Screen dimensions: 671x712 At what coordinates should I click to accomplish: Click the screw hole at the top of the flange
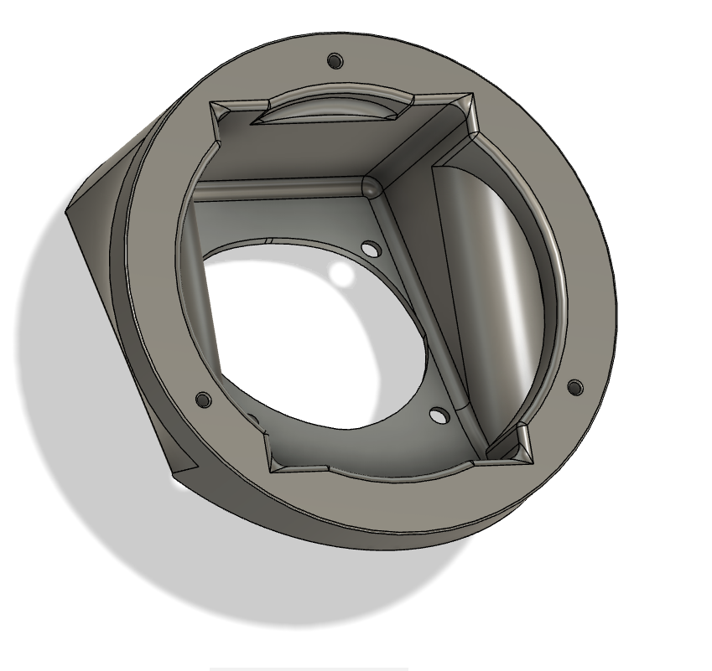tap(335, 61)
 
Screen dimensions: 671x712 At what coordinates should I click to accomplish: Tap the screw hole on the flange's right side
tap(575, 387)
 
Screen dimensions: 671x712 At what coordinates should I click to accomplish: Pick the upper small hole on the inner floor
tap(368, 248)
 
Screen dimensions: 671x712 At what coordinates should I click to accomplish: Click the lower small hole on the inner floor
tap(436, 414)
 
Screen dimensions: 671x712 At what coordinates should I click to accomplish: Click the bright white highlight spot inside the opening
tap(341, 273)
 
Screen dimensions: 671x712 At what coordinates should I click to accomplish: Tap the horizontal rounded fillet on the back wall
tap(277, 188)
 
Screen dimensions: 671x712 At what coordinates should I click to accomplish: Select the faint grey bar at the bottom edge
tap(308, 668)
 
